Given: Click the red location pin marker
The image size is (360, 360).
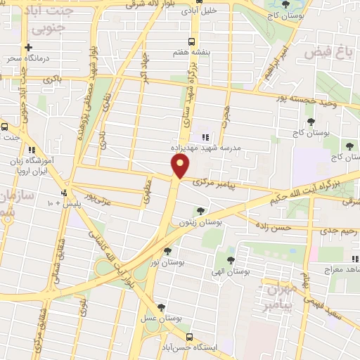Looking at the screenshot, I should point(181,167).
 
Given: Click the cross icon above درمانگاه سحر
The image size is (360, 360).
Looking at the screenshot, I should point(28,48).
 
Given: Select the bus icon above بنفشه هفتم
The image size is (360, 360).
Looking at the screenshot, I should point(193,41).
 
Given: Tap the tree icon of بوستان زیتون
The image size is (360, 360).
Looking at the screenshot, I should point(201,210).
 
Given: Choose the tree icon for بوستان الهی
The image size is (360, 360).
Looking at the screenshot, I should point(231,260).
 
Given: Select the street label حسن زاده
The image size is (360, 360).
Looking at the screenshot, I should point(274,227).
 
